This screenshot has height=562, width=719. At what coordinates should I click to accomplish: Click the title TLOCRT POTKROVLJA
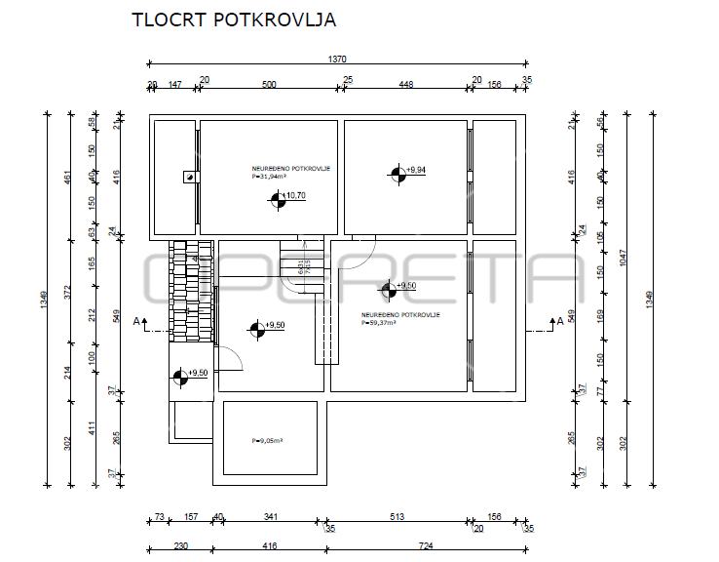(234, 20)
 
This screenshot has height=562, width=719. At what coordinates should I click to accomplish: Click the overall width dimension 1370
(337, 60)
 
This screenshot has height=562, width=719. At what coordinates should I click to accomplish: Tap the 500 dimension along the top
(269, 85)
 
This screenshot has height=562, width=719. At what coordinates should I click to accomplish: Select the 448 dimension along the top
(406, 85)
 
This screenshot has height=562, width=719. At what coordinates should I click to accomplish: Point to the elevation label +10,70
(295, 196)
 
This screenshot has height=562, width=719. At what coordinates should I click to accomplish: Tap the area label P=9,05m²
(266, 440)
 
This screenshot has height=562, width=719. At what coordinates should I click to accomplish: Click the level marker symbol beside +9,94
(397, 175)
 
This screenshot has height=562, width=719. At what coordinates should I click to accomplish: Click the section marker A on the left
(138, 320)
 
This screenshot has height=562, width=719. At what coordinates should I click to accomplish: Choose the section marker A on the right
(559, 320)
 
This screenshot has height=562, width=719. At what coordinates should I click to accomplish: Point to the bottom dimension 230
(180, 546)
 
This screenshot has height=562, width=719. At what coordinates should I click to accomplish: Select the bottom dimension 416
(269, 546)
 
